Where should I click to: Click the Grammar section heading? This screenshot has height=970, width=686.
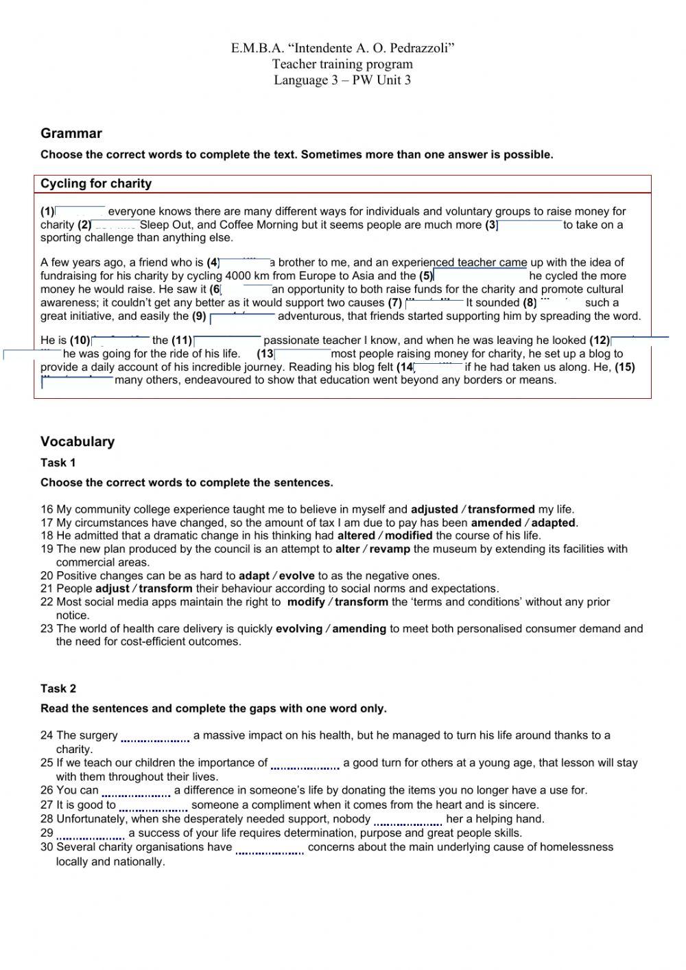point(71,134)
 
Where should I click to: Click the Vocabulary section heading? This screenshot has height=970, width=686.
point(78,441)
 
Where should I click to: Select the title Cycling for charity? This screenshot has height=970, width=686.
point(96,184)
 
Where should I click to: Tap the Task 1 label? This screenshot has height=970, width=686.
point(58,463)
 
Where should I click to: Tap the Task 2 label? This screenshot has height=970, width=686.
point(58,689)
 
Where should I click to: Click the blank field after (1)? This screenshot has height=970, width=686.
point(80,211)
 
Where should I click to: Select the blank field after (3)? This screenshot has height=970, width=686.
point(530,225)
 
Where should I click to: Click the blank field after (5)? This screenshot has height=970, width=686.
point(480,276)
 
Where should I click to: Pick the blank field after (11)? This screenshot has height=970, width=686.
point(228,340)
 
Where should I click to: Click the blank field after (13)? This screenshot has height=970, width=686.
point(303,354)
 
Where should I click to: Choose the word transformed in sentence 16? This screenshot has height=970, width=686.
point(501,509)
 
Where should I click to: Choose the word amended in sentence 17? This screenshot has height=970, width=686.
point(496,522)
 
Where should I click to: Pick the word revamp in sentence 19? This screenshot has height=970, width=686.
point(390,549)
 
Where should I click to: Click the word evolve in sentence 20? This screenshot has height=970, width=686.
point(296,576)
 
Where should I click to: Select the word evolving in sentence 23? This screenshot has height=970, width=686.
point(299,629)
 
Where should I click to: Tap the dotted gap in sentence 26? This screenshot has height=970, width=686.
point(136,792)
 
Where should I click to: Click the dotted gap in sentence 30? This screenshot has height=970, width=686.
point(270,848)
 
